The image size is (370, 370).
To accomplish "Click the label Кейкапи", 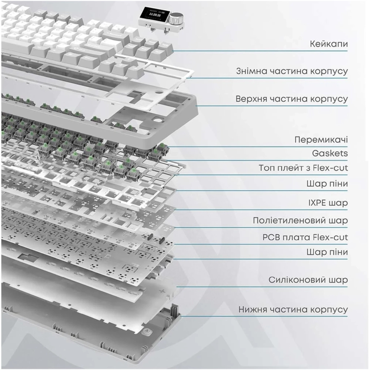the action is click(329, 44).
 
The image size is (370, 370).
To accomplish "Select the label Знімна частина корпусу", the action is click(292, 71).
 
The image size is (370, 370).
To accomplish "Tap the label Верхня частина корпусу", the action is click(292, 99).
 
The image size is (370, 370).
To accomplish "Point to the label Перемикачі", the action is click(321, 140).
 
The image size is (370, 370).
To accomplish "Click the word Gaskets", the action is click(330, 153).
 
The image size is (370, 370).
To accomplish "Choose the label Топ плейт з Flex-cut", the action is click(303, 168).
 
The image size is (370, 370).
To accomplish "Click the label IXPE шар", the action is click(328, 203).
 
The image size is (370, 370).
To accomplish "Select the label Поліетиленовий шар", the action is click(300, 220).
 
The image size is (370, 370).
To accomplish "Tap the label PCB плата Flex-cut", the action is click(305, 237).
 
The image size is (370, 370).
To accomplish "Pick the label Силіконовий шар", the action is click(308, 280).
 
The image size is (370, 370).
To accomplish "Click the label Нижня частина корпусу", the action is click(293, 309).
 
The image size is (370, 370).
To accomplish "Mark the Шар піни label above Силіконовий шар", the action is click(327, 252).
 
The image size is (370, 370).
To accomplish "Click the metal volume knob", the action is click(176, 18).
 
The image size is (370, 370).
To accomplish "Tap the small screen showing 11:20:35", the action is click(154, 14).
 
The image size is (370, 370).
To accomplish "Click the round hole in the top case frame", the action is click(159, 119).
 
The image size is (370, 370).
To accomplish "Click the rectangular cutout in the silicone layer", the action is click(29, 258).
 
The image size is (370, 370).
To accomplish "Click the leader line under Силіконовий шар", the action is click(262, 287).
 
